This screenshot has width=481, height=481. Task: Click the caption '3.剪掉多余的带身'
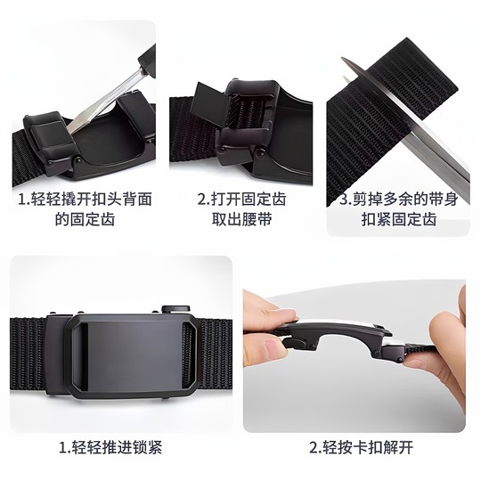pos(400,200)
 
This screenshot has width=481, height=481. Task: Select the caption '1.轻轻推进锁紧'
pos(111,446)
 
